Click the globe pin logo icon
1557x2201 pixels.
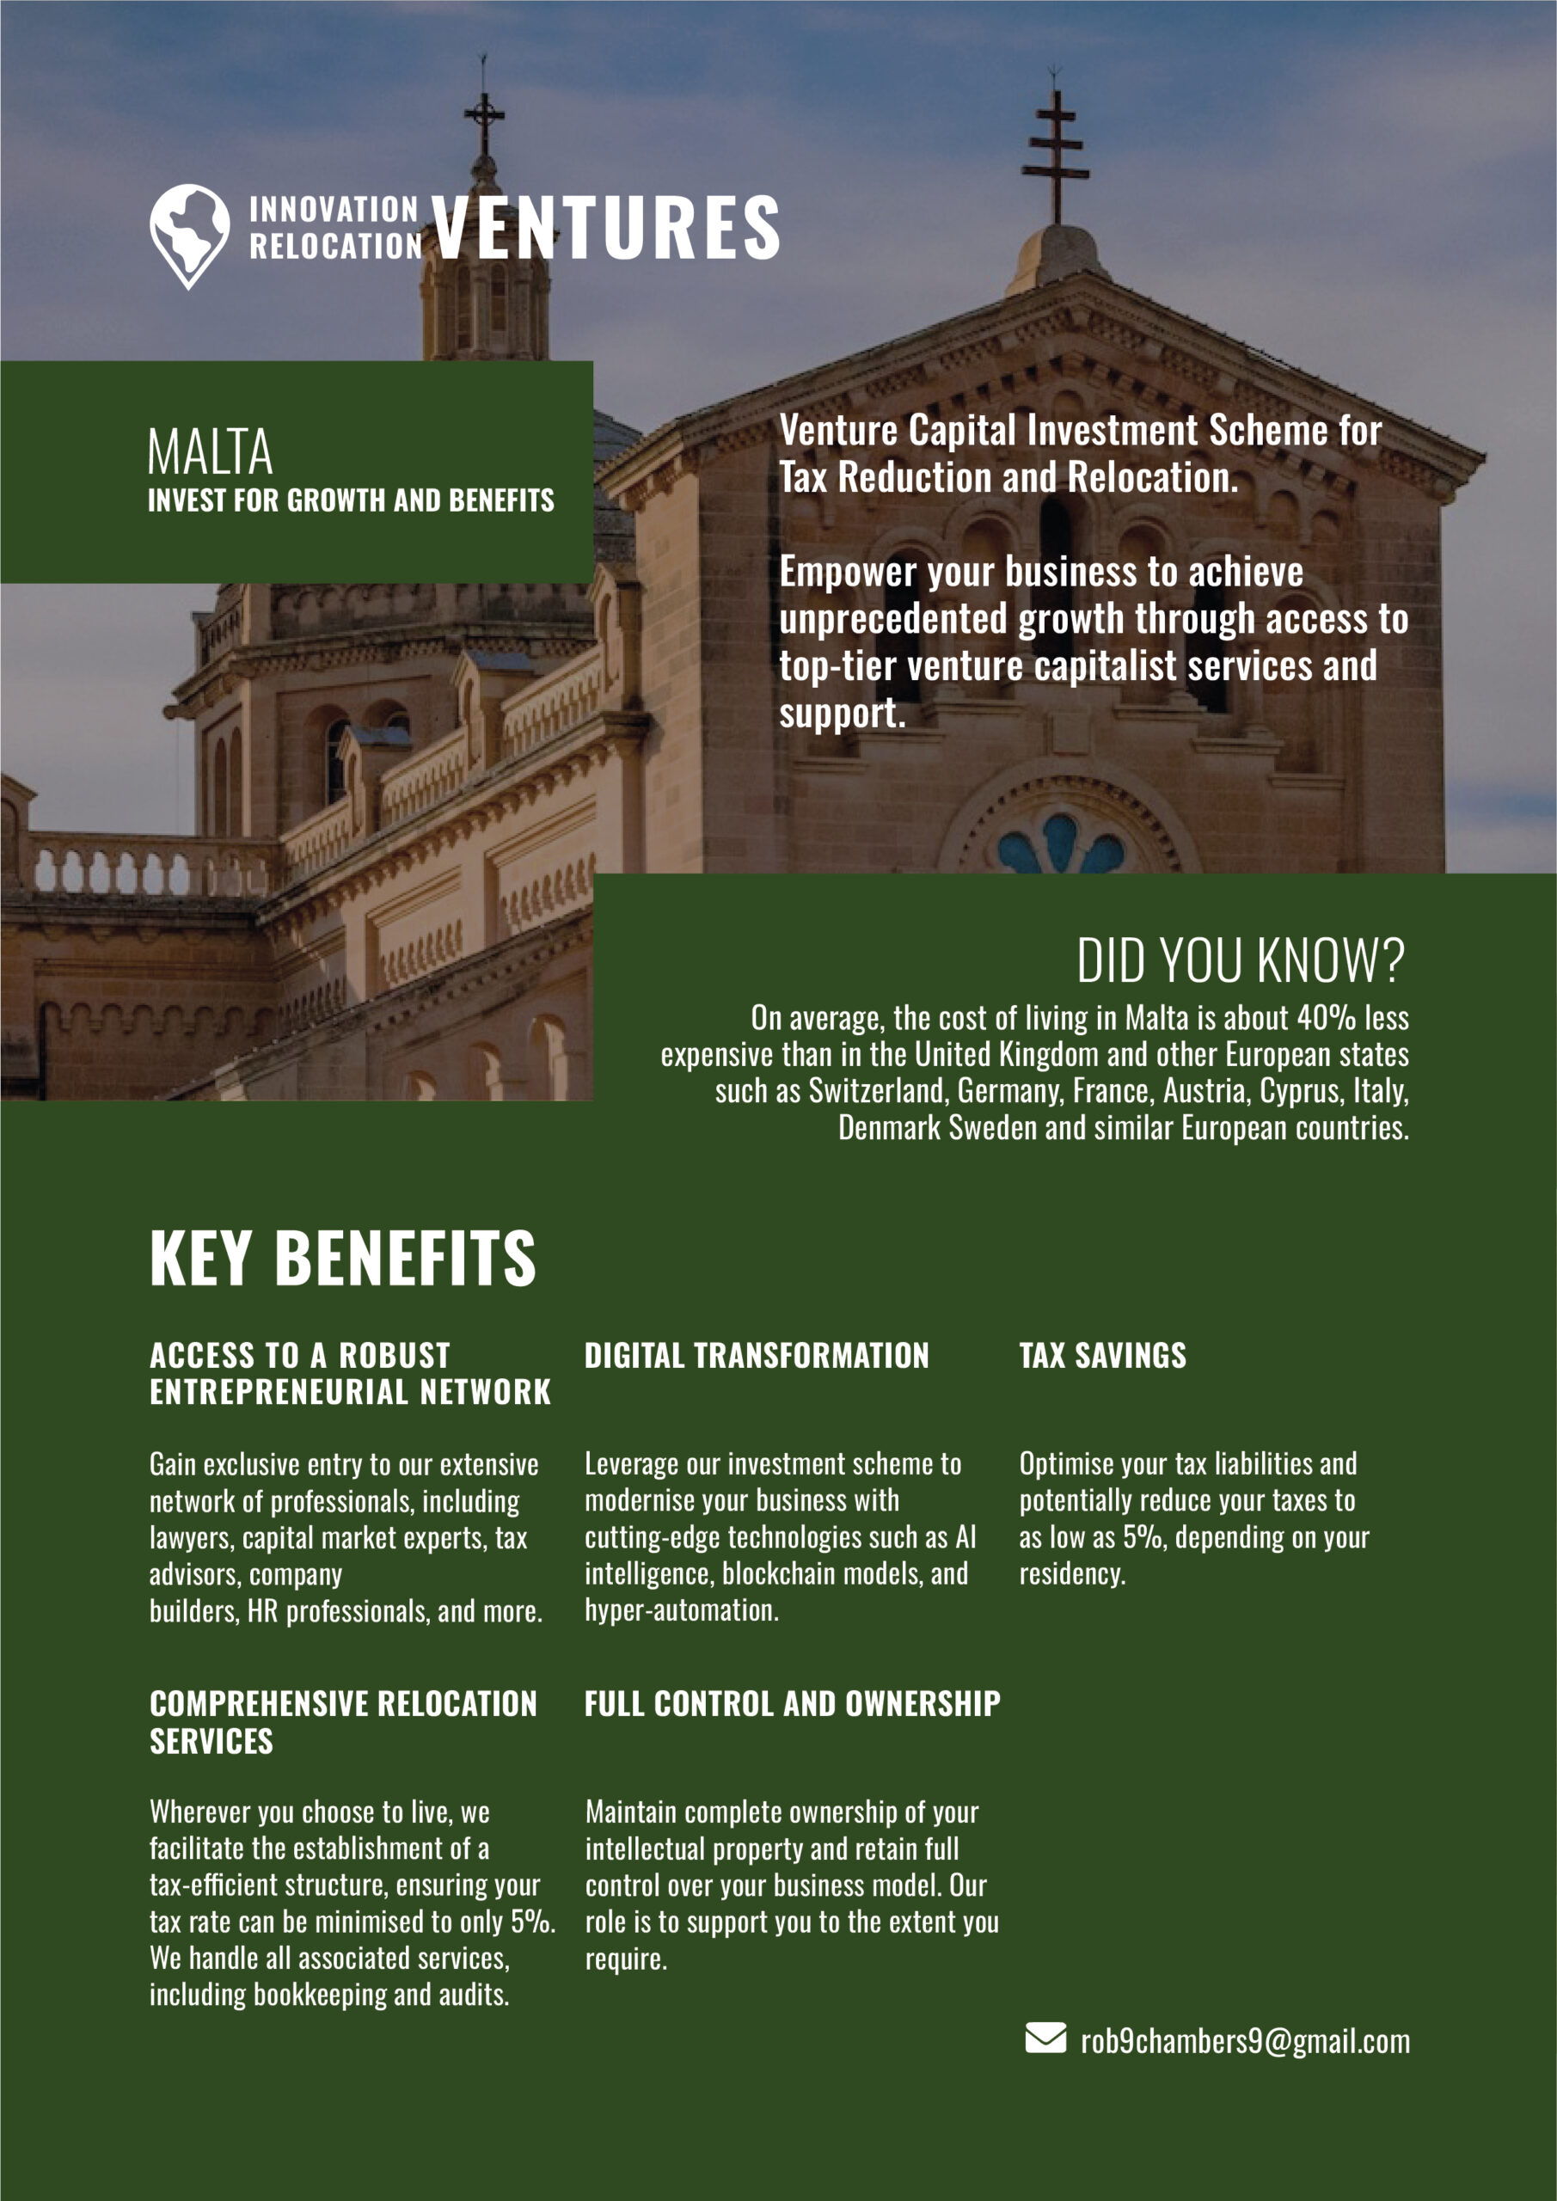[x=189, y=234]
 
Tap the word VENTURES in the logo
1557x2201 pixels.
[x=605, y=227]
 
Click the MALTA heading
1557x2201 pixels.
[x=210, y=452]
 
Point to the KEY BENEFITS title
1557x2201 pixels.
[x=342, y=1258]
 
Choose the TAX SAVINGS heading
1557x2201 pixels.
[x=1101, y=1356]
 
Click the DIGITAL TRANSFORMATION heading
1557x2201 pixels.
[x=757, y=1356]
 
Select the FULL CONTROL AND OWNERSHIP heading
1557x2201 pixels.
[x=792, y=1702]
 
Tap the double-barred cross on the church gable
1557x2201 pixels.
[x=1056, y=153]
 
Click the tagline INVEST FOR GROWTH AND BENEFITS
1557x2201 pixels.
[x=351, y=500]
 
